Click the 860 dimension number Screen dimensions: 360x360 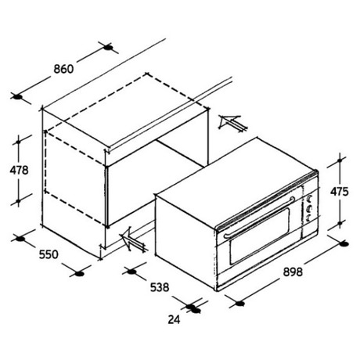tap(63, 69)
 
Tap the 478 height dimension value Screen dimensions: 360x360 tap(19, 171)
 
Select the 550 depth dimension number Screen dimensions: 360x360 tap(49, 254)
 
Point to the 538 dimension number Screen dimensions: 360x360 tap(160, 287)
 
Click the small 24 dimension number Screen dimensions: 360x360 tap(174, 319)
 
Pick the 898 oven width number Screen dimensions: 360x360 tap(293, 272)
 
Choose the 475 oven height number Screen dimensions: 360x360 tap(339, 192)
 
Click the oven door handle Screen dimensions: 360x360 tap(259, 217)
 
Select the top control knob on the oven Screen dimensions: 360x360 tap(310, 199)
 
